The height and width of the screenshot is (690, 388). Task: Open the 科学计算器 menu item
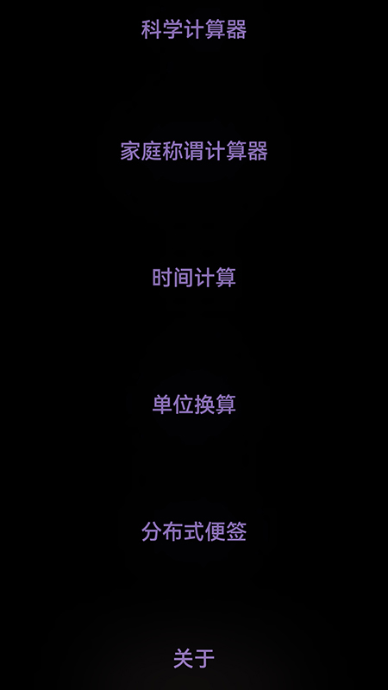tap(194, 29)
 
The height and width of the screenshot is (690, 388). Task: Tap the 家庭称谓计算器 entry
tap(194, 152)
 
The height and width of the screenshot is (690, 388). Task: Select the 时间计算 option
tap(194, 278)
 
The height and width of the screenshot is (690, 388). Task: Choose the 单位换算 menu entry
tap(194, 405)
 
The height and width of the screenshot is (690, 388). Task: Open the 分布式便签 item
tap(194, 531)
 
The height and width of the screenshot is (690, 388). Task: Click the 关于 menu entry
tap(194, 659)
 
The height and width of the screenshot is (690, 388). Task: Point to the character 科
tap(152, 29)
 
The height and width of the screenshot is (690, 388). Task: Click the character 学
tap(173, 29)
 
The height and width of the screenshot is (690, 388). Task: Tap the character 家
tap(131, 152)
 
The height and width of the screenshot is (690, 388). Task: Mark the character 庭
tap(152, 152)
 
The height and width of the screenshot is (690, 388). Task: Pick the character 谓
tap(194, 152)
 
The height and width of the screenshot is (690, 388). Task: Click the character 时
tap(162, 278)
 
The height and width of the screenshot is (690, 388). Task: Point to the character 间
tap(184, 278)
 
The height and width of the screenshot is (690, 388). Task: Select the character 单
tap(162, 405)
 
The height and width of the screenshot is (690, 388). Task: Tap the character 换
tap(204, 405)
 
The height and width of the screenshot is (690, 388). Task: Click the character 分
tap(152, 531)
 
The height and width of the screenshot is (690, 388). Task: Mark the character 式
tap(194, 531)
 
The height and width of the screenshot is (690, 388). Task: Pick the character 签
tap(236, 531)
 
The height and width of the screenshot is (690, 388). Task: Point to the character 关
tap(184, 659)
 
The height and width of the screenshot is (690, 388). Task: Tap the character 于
tap(204, 659)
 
